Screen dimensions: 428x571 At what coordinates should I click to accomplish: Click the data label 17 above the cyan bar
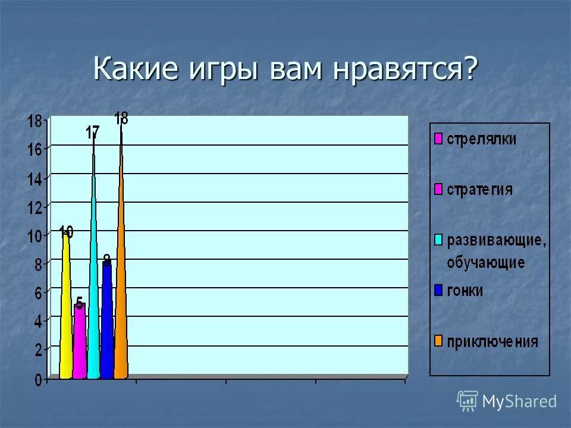click(x=92, y=133)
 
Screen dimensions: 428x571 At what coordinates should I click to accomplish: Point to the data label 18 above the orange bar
click(x=121, y=118)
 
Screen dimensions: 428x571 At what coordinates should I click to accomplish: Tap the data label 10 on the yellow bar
click(x=66, y=232)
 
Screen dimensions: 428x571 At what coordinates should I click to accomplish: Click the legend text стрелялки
click(x=482, y=139)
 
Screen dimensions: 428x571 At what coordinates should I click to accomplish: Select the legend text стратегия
click(x=479, y=190)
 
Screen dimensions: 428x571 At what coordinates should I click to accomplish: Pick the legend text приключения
click(x=492, y=342)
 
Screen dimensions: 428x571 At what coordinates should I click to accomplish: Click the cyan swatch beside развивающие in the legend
click(x=438, y=240)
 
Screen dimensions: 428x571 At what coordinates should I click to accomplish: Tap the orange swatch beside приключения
click(x=438, y=342)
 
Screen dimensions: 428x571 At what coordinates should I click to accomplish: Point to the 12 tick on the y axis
click(x=34, y=207)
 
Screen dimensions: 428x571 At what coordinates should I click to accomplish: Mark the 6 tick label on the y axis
click(x=37, y=293)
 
